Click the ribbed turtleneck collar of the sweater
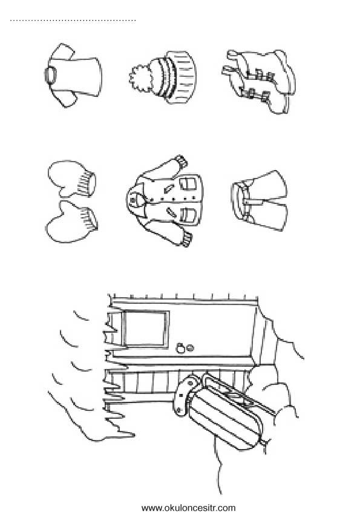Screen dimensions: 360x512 pyautogui.click(x=50, y=76)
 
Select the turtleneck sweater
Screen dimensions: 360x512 pyautogui.click(x=73, y=76)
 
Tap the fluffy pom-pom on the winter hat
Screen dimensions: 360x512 pyautogui.click(x=142, y=78)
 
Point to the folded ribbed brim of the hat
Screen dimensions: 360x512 pyautogui.click(x=185, y=77)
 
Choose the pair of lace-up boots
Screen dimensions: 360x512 pyautogui.click(x=259, y=81)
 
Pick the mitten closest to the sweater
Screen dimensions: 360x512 pyautogui.click(x=72, y=179)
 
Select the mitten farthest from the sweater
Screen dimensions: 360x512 pyautogui.click(x=71, y=222)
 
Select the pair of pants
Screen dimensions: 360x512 pyautogui.click(x=260, y=201)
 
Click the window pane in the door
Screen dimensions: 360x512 pyautogui.click(x=145, y=329)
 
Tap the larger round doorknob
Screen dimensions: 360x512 pyautogui.click(x=180, y=349)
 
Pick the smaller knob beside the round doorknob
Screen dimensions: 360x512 pyautogui.click(x=190, y=348)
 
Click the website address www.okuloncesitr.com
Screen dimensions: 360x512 pyautogui.click(x=188, y=508)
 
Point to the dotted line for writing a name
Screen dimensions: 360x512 pyautogui.click(x=73, y=21)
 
